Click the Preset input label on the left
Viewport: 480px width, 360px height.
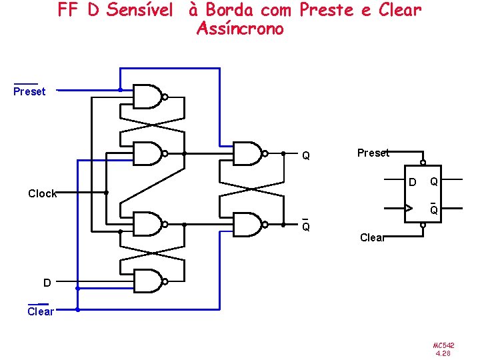point(29,91)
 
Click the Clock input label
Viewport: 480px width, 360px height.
point(42,193)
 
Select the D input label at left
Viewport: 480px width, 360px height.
point(47,283)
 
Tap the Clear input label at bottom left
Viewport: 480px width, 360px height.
point(41,311)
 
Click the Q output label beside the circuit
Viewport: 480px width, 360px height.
point(305,156)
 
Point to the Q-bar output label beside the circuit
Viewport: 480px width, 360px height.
point(305,226)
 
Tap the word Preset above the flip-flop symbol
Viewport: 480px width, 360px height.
point(373,153)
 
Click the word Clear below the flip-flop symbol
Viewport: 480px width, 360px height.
point(372,237)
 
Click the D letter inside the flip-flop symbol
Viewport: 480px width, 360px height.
point(412,183)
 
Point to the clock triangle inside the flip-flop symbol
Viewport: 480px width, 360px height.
point(407,208)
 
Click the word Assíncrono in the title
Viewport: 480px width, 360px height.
point(240,29)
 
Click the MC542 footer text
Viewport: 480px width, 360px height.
point(444,345)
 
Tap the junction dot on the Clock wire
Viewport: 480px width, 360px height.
point(107,193)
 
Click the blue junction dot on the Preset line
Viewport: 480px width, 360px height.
point(120,89)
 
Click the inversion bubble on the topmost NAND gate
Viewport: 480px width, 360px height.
point(165,97)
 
